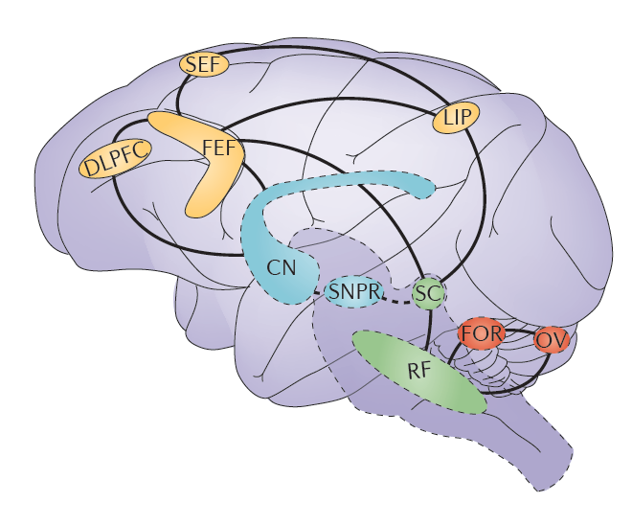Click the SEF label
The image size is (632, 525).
[x=202, y=65]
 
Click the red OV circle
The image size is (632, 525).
[x=549, y=339]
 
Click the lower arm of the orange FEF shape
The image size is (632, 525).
[x=203, y=198]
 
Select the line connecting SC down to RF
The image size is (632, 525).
[x=425, y=322]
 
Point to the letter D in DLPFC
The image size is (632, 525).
[x=89, y=170]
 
